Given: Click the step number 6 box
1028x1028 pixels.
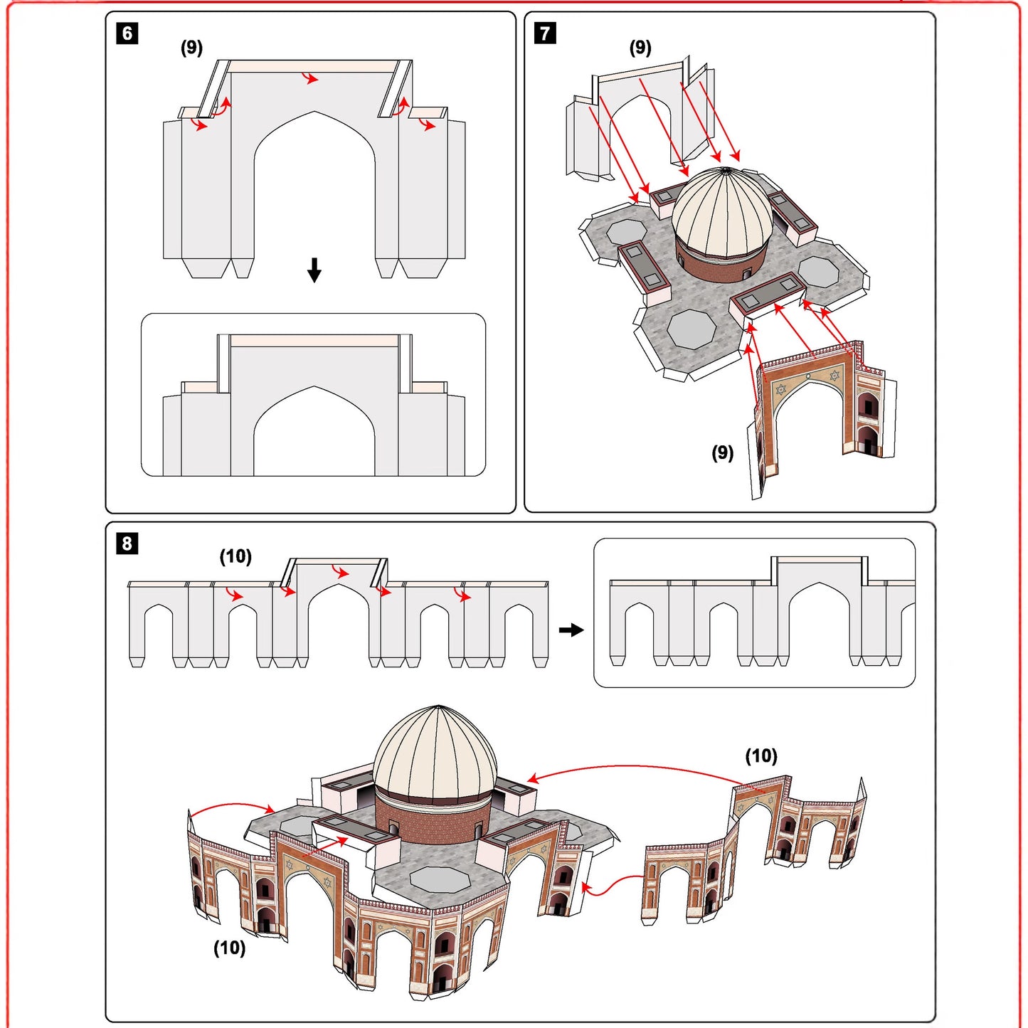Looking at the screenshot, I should pos(127,33).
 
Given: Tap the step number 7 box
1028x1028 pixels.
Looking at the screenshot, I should pos(545,33).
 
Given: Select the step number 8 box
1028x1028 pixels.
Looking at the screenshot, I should pos(127,544).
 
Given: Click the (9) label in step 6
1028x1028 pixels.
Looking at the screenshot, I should pos(191,48).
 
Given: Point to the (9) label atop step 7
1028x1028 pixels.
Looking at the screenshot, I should pos(640,48).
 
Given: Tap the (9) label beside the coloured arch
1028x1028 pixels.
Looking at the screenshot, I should pos(722,452).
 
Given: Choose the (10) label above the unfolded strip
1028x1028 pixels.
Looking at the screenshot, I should pos(235,556).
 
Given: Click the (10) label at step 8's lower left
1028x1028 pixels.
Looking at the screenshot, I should pos(230,948).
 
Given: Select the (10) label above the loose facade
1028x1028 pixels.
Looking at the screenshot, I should pos(761,756).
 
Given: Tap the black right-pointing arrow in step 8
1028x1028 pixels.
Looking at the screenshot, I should pos(571,630).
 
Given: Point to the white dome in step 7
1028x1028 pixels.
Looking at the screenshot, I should pos(722,210).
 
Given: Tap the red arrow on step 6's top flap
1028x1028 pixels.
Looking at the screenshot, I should pos(310,78).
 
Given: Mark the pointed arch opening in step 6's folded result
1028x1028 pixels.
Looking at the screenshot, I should pos(314,434).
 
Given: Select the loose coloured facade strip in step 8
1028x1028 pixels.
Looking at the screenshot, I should pos(754,847).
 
